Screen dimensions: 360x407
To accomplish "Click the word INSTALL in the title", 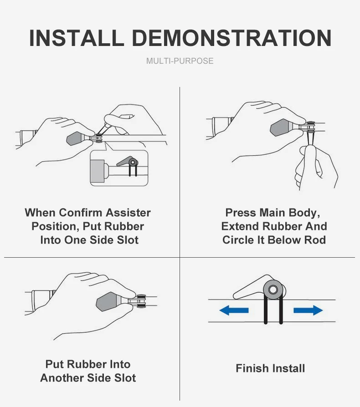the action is click(x=76, y=38).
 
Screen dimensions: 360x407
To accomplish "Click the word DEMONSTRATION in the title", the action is click(x=232, y=38).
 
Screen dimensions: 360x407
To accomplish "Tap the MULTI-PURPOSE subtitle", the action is click(x=180, y=61).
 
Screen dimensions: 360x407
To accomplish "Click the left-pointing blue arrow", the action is click(x=234, y=310).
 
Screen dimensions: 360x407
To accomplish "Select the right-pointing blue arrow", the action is click(x=308, y=310).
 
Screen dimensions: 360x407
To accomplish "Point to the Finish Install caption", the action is click(x=270, y=368).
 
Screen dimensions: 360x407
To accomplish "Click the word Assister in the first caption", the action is click(x=128, y=213).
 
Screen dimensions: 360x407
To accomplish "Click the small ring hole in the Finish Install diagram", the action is click(x=273, y=289).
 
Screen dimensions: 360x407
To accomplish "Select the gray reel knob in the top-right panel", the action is click(x=281, y=127).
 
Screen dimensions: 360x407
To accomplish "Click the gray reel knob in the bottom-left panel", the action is click(x=107, y=301).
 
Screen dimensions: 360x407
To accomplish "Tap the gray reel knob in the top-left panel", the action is click(x=75, y=138).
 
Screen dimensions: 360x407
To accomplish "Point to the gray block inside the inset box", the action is click(x=98, y=171).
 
